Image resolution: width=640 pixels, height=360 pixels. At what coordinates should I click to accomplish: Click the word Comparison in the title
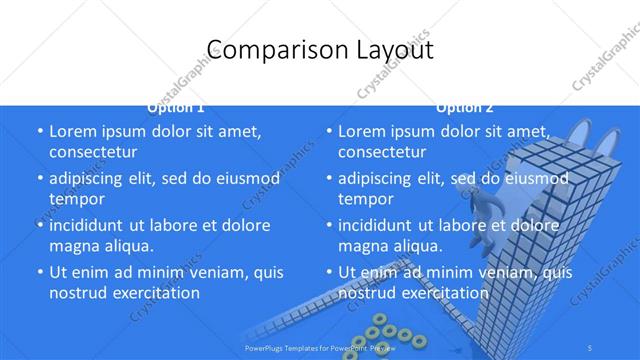[264, 50]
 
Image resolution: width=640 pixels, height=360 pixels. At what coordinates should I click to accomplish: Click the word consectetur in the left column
[93, 152]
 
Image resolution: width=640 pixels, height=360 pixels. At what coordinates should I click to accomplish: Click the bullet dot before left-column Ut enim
[39, 272]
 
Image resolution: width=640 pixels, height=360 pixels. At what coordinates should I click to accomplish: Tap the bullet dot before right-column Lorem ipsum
[328, 131]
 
